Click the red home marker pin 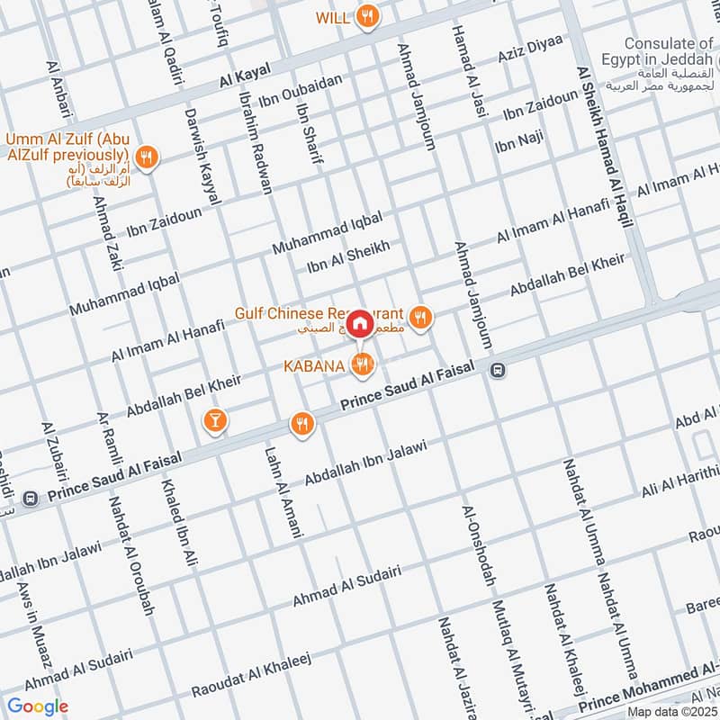(x=360, y=322)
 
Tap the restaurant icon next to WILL (x=367, y=16)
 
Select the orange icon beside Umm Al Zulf (x=148, y=157)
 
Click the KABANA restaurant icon (x=362, y=364)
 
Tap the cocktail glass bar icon (x=214, y=419)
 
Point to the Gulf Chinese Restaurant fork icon (x=419, y=317)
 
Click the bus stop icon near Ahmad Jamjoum (x=497, y=370)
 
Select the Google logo (x=38, y=706)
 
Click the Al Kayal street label (x=245, y=80)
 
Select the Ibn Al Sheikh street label (x=347, y=256)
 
